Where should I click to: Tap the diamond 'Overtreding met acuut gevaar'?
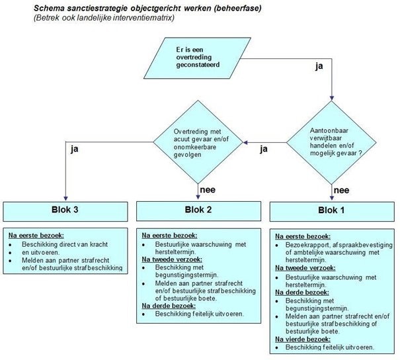click(198, 141)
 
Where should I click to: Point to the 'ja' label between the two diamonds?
click(264, 150)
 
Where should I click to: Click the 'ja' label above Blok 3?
click(75, 150)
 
